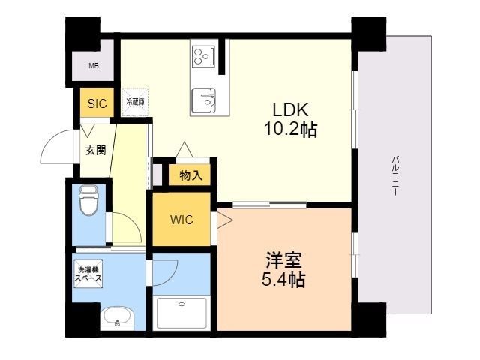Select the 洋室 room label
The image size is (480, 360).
click(x=283, y=262)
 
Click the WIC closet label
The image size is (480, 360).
click(x=181, y=220)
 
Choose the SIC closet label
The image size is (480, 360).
click(x=97, y=104)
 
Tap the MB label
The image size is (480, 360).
click(x=94, y=66)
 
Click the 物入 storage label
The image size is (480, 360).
click(x=190, y=175)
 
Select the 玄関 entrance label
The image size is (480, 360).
click(x=95, y=150)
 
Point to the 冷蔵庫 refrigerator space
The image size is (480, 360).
click(x=135, y=100)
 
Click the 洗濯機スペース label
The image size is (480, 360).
click(x=88, y=274)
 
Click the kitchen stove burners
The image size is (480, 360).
click(x=202, y=56)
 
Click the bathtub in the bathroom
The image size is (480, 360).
click(x=181, y=312)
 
